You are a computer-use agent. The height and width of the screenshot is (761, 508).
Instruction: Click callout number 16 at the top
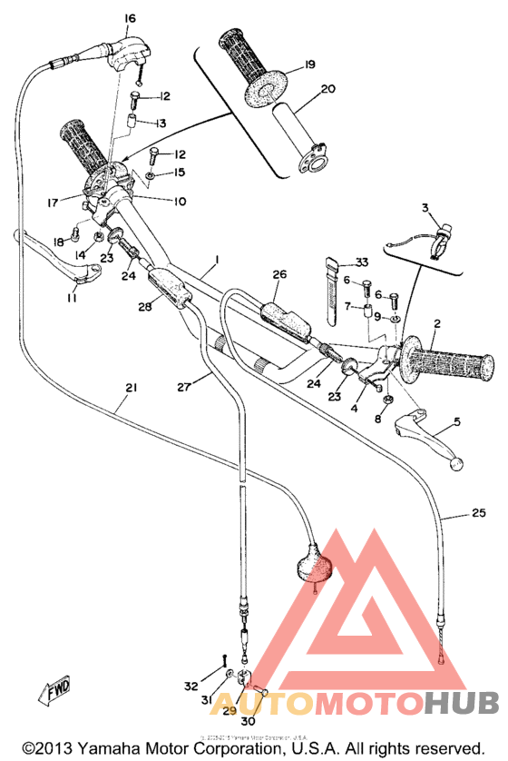(x=130, y=18)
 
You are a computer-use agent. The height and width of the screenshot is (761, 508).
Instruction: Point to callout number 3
(x=423, y=209)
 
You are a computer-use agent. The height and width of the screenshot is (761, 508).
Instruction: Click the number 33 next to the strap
(x=362, y=262)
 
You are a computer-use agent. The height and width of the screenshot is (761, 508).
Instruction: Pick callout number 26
(x=278, y=273)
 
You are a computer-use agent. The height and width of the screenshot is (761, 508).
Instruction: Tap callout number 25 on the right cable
(x=479, y=514)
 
